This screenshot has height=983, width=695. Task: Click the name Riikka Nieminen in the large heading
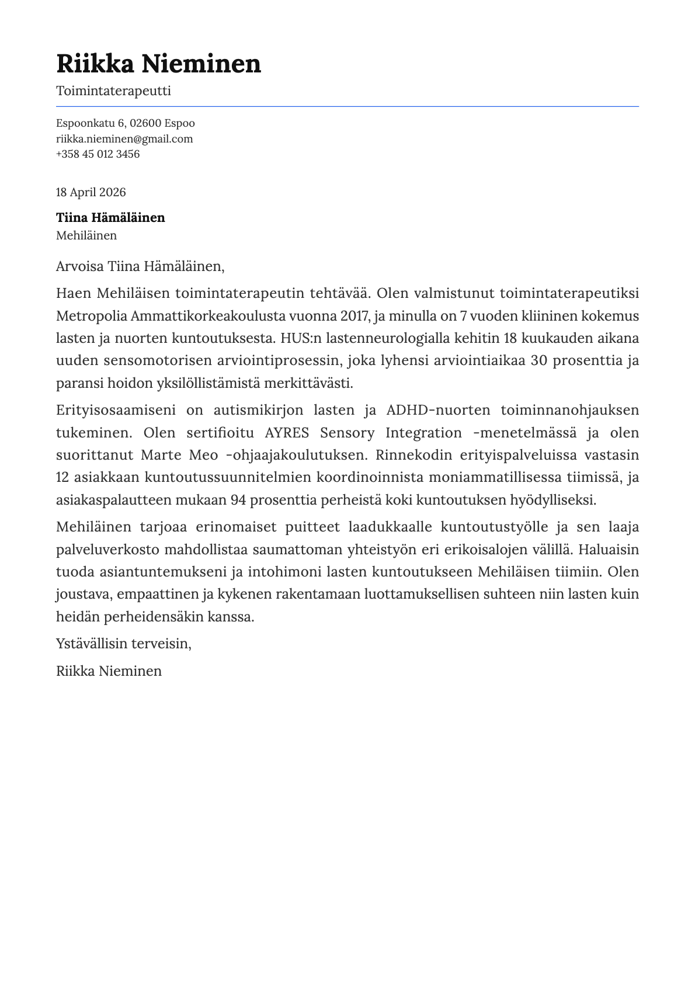(158, 63)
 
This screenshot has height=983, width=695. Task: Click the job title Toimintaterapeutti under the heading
(113, 91)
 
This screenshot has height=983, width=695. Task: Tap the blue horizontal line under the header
(347, 106)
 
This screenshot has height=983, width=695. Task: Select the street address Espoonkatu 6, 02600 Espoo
(125, 123)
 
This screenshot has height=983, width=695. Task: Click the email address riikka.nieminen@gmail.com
(124, 139)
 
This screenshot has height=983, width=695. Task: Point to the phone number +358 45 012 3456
(98, 154)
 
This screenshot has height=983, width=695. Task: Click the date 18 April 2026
(91, 193)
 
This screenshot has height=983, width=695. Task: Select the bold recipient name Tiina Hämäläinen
(110, 218)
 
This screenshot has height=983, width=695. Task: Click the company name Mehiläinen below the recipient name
(86, 235)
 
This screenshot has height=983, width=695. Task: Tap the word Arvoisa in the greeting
(79, 267)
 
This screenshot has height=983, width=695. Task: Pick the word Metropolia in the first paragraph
(91, 317)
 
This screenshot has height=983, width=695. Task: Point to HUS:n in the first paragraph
(301, 339)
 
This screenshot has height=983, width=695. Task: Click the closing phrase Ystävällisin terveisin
(123, 644)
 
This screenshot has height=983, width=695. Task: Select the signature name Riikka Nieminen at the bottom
(109, 671)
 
